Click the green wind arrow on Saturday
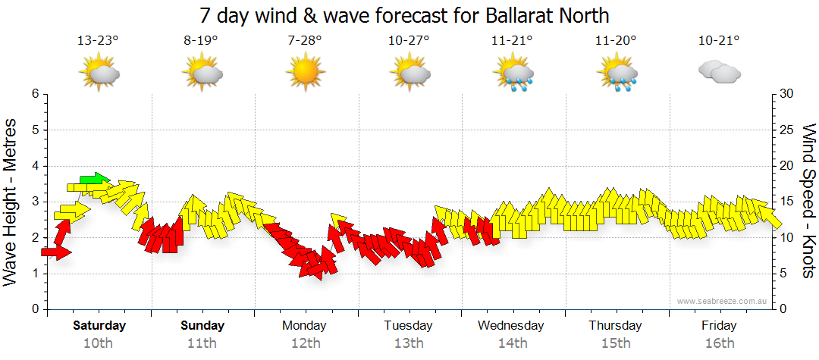point(95,180)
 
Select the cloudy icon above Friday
point(719,73)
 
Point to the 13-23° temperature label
point(98,40)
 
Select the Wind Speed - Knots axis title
point(808,202)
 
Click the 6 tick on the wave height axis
point(34,94)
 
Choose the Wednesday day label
point(511,326)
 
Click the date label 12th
point(305,343)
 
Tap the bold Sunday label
point(202,326)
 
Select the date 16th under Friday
point(719,343)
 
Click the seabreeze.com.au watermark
point(723,301)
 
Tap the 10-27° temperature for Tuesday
point(409,40)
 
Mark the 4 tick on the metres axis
point(34,166)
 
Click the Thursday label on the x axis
point(615,326)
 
